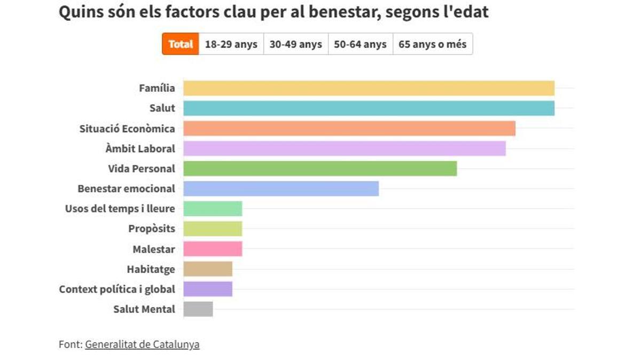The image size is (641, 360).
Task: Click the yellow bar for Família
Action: click(369, 88)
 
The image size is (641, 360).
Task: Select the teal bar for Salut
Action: click(369, 108)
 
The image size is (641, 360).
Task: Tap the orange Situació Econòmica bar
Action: click(349, 128)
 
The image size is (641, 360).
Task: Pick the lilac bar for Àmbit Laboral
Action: click(345, 148)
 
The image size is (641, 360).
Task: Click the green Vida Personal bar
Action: click(320, 169)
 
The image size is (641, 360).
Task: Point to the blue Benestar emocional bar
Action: click(281, 189)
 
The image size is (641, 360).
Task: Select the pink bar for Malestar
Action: click(213, 249)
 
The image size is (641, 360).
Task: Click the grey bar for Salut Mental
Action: click(198, 309)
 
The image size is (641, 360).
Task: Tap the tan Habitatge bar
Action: click(208, 269)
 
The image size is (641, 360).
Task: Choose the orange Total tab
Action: click(181, 44)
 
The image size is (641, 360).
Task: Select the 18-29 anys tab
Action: click(231, 44)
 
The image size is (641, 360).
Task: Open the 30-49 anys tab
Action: click(295, 44)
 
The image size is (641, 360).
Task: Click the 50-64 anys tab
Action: click(360, 44)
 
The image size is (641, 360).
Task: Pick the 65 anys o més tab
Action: click(432, 44)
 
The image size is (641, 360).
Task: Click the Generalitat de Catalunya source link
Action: click(142, 345)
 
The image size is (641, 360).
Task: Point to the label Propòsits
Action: click(151, 229)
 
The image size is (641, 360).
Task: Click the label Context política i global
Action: click(117, 289)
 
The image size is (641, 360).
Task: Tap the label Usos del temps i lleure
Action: click(120, 209)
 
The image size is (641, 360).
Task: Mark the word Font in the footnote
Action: click(69, 345)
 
